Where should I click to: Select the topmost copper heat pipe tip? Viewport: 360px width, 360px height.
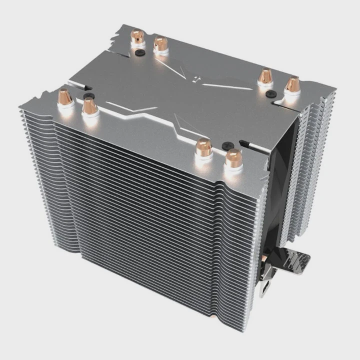coord(137,36)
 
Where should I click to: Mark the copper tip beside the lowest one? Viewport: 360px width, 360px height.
coord(203,146)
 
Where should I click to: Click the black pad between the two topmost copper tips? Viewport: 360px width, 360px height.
coord(141,51)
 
